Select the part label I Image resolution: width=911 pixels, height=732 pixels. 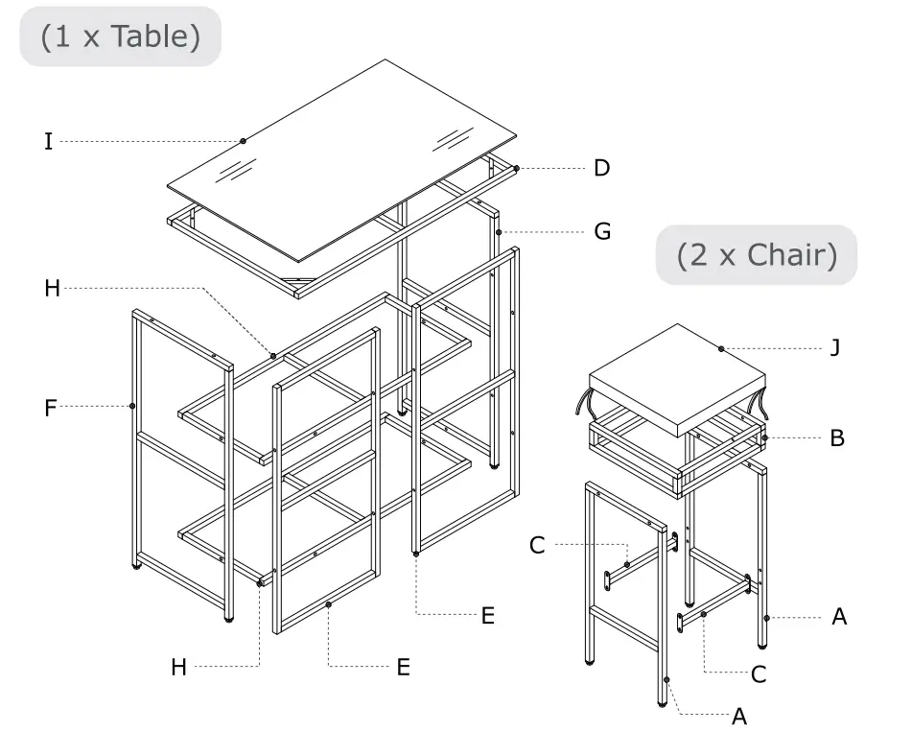tap(48, 142)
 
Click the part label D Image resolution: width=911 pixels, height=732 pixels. tap(601, 168)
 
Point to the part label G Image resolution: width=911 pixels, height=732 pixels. tap(602, 231)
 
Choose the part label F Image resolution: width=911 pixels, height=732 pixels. tap(50, 408)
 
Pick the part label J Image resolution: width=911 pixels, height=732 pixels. tap(834, 347)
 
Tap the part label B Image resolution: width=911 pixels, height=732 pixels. tap(837, 438)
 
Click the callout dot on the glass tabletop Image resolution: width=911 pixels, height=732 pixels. tap(243, 141)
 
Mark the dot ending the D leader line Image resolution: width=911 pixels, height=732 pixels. tap(516, 169)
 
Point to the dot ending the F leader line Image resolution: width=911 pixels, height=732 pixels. tap(132, 406)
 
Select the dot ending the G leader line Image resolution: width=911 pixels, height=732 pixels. tap(499, 232)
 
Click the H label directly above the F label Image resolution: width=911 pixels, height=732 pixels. tap(52, 288)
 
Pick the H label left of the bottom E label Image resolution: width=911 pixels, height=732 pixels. tap(178, 667)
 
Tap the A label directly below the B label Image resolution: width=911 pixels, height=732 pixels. tap(839, 617)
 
